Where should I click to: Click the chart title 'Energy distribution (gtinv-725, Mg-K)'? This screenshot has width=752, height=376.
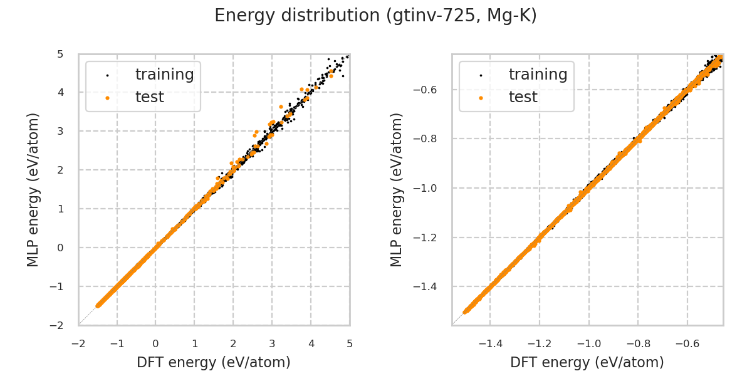(x=375, y=16)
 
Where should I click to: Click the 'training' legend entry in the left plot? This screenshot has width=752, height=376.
(x=164, y=75)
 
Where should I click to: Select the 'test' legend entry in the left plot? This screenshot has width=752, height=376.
(x=149, y=97)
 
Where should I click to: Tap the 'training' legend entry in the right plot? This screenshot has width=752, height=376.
(x=538, y=75)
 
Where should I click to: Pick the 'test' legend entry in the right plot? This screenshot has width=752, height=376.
(x=523, y=97)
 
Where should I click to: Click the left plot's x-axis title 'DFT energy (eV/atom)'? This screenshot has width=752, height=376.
(x=214, y=362)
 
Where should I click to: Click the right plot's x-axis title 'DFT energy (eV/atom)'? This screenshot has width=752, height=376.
(x=587, y=362)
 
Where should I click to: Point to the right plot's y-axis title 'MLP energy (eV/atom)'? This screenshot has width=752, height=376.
(x=397, y=189)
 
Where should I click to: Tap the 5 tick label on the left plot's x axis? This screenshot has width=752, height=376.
(x=350, y=343)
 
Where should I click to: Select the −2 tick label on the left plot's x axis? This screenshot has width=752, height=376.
(x=78, y=343)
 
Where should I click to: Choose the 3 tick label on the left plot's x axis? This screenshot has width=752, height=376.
(x=272, y=343)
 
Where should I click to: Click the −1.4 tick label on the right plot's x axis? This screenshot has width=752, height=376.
(x=490, y=343)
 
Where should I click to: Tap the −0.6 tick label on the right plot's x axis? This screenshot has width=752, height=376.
(x=687, y=343)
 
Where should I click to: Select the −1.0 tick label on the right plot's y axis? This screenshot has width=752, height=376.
(x=429, y=188)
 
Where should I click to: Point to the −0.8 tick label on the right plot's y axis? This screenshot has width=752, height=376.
(x=429, y=138)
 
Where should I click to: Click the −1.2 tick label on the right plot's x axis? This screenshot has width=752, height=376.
(x=539, y=343)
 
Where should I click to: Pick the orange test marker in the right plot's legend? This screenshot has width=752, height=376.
(x=481, y=98)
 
